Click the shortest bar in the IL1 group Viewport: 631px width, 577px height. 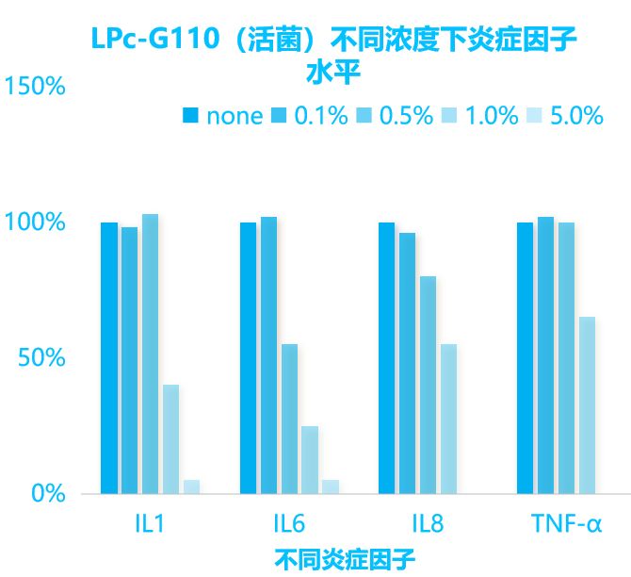tap(191, 486)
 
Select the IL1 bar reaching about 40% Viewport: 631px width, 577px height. tap(170, 438)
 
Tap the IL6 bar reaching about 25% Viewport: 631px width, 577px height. tap(310, 459)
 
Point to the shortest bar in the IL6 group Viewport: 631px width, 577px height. tap(331, 486)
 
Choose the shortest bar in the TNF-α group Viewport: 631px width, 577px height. tap(588, 404)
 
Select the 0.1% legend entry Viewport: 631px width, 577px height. tap(310, 116)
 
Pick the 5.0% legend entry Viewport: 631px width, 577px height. tap(565, 116)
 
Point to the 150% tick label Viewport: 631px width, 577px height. tap(35, 86)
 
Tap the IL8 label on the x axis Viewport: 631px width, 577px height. tap(428, 524)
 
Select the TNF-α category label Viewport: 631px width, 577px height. tap(566, 524)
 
